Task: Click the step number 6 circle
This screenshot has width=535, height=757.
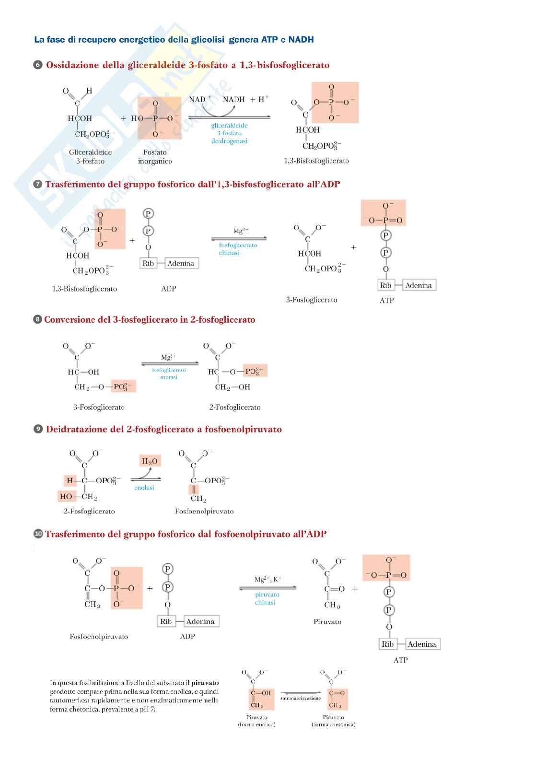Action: point(38,65)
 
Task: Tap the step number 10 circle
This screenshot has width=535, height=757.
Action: point(38,534)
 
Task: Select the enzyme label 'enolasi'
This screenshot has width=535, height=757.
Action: point(144,488)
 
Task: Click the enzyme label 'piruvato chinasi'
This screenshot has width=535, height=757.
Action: point(267,598)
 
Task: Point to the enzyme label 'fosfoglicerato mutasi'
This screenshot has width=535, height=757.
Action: point(169,373)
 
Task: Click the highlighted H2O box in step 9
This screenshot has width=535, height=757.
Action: point(150,461)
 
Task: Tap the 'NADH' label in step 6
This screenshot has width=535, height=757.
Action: point(233,100)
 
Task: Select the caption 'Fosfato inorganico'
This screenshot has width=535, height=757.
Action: point(155,157)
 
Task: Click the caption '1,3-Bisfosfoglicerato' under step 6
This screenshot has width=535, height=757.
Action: point(316,161)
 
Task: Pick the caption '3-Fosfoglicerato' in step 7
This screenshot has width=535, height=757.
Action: point(312,300)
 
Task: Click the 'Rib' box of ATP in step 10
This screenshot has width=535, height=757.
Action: point(387,644)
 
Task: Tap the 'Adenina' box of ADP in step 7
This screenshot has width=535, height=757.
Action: point(181,263)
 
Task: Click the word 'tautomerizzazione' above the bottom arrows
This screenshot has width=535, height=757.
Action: point(301,698)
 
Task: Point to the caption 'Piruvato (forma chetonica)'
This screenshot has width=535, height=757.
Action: point(333,721)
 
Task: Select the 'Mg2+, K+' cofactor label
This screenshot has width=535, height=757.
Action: point(267,579)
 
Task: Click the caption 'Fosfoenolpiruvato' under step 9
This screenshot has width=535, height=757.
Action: point(204,511)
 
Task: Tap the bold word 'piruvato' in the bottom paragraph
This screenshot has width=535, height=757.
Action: point(205,683)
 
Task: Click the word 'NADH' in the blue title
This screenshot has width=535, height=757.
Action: point(301,39)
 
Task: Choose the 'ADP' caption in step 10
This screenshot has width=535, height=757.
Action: point(187,636)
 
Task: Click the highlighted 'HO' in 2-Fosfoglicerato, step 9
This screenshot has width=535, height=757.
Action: point(66,497)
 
